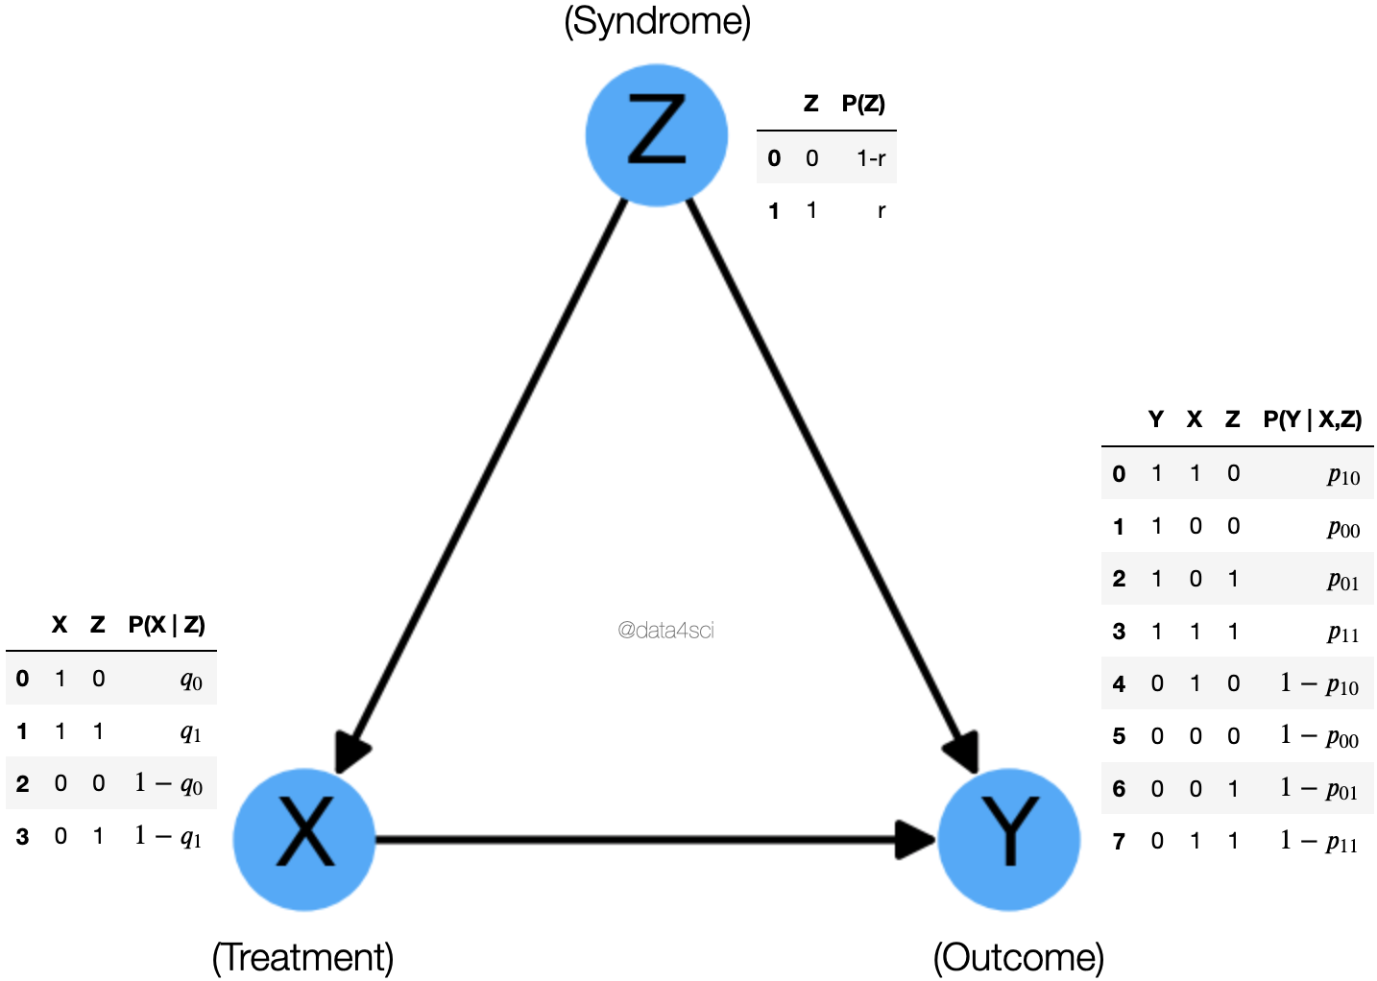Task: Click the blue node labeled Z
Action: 657,134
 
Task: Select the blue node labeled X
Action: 304,839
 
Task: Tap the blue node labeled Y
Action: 1008,839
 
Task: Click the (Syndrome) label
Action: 657,21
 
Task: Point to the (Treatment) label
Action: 302,957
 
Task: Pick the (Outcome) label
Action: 1018,957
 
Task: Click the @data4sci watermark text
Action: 665,631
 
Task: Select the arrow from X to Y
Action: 634,840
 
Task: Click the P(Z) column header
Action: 862,104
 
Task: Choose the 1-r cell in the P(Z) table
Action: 870,158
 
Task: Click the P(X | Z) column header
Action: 166,625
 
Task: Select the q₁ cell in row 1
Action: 191,732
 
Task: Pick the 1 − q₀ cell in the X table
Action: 169,784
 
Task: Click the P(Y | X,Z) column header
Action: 1312,419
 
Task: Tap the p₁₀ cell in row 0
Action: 1343,474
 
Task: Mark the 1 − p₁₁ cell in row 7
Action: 1319,842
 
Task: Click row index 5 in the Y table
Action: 1119,736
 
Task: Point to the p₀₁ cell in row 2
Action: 1343,580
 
